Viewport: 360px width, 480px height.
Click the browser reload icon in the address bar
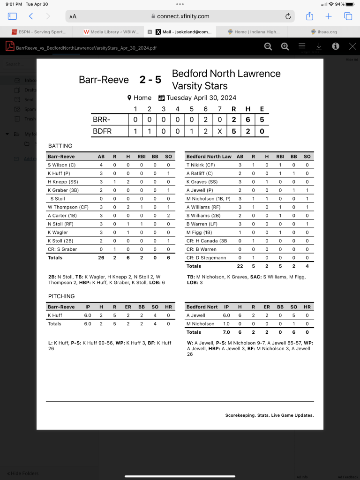[288, 16]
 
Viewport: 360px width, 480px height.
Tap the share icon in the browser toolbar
[309, 16]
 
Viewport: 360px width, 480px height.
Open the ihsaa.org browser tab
[323, 32]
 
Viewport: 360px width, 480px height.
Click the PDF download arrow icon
[319, 46]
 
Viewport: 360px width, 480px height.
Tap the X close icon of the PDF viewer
[352, 46]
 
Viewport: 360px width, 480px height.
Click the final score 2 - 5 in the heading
[150, 80]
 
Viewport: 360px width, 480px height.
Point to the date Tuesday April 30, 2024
[202, 98]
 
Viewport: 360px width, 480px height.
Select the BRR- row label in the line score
[102, 120]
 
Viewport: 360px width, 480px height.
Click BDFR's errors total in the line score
[262, 131]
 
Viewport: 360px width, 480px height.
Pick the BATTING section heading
[60, 146]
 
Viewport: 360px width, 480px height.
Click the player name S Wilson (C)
[61, 165]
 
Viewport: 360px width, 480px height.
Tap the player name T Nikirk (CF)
[201, 165]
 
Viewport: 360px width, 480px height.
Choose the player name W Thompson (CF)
[68, 207]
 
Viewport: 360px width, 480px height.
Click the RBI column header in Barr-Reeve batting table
[141, 157]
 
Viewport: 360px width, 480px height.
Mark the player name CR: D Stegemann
[207, 258]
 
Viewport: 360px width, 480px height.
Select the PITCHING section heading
[61, 296]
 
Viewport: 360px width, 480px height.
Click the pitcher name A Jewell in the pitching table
[196, 315]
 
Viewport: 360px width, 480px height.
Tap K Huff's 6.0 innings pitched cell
[88, 315]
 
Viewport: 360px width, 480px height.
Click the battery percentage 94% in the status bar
[340, 4]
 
